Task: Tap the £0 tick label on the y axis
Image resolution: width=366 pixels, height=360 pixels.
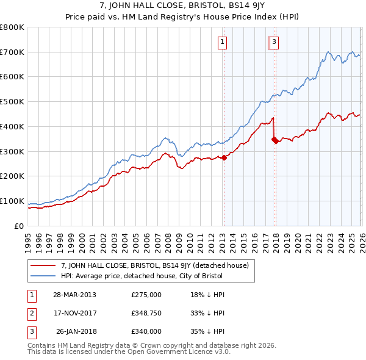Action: [20, 226]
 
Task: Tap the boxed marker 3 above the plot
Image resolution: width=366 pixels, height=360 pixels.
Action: [274, 42]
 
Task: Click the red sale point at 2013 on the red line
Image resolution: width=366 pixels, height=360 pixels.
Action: [224, 157]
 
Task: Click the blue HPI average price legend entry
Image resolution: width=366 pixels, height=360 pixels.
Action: [142, 276]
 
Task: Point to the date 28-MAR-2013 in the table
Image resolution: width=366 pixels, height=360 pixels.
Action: [74, 295]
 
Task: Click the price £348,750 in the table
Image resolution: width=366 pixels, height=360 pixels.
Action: [146, 313]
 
